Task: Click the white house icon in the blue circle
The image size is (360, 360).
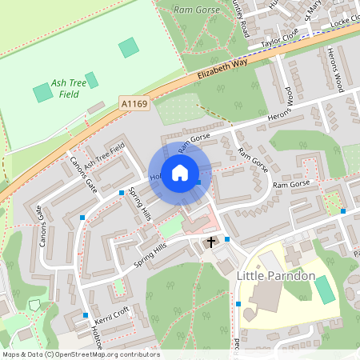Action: pos(180,172)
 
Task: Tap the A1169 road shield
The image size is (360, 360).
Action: pos(136,103)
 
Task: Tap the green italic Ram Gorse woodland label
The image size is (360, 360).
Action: pos(196,10)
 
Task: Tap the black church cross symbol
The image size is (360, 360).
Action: pos(212,242)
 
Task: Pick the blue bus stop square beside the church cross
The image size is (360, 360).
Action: pos(227,238)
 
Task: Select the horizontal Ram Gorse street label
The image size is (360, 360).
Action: pos(290,185)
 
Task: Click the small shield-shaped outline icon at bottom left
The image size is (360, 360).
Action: pos(34,305)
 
